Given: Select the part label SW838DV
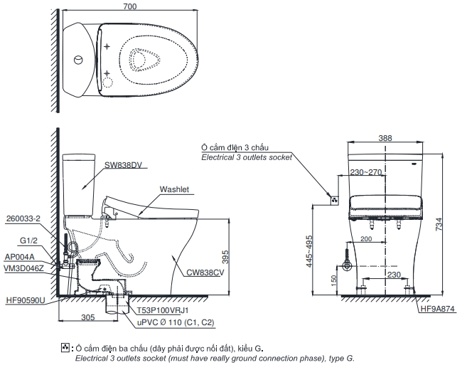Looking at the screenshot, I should pos(124,164).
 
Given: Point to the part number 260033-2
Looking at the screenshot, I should pos(22,218).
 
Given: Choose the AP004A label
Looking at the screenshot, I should pos(19,256).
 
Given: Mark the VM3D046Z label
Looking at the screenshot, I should pos(24,268).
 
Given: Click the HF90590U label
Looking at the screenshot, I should pos(24,300).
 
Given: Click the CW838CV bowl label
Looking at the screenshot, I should pos(207,272).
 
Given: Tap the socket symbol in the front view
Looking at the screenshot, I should pos(332,201).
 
